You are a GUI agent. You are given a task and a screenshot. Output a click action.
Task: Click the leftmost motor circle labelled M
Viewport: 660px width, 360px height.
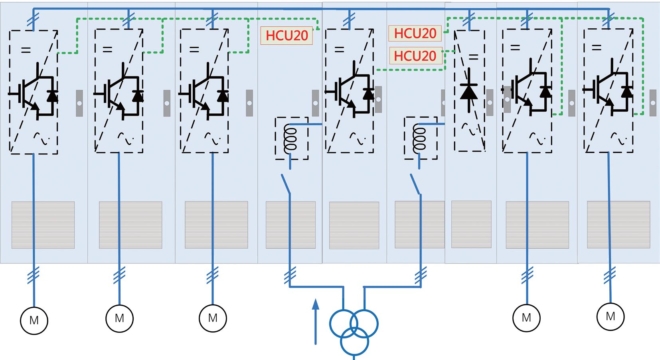click(34, 320)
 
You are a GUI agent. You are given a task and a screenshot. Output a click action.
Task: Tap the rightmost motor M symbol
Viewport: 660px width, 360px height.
click(610, 316)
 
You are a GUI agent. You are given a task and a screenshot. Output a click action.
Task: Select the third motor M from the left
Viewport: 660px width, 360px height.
click(213, 318)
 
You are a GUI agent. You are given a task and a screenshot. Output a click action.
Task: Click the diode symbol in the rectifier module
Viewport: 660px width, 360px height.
click(469, 91)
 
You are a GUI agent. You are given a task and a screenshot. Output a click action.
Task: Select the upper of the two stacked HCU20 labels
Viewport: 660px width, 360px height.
click(415, 34)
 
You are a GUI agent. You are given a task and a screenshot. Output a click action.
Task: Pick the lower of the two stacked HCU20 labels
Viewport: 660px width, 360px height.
click(415, 56)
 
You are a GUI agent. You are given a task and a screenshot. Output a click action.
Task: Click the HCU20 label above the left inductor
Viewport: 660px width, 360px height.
click(287, 36)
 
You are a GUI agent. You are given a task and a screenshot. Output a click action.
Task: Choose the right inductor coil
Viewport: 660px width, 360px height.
click(419, 138)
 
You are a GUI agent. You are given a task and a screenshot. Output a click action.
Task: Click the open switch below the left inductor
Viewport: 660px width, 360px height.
click(286, 184)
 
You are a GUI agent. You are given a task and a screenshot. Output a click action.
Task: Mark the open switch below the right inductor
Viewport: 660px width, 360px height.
click(415, 184)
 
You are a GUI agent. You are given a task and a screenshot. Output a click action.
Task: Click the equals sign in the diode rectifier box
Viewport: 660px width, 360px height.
click(474, 57)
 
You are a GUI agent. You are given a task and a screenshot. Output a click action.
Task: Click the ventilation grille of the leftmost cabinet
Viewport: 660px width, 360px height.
click(43, 225)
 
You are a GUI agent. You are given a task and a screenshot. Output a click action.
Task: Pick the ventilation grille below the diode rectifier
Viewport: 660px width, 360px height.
click(471, 224)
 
